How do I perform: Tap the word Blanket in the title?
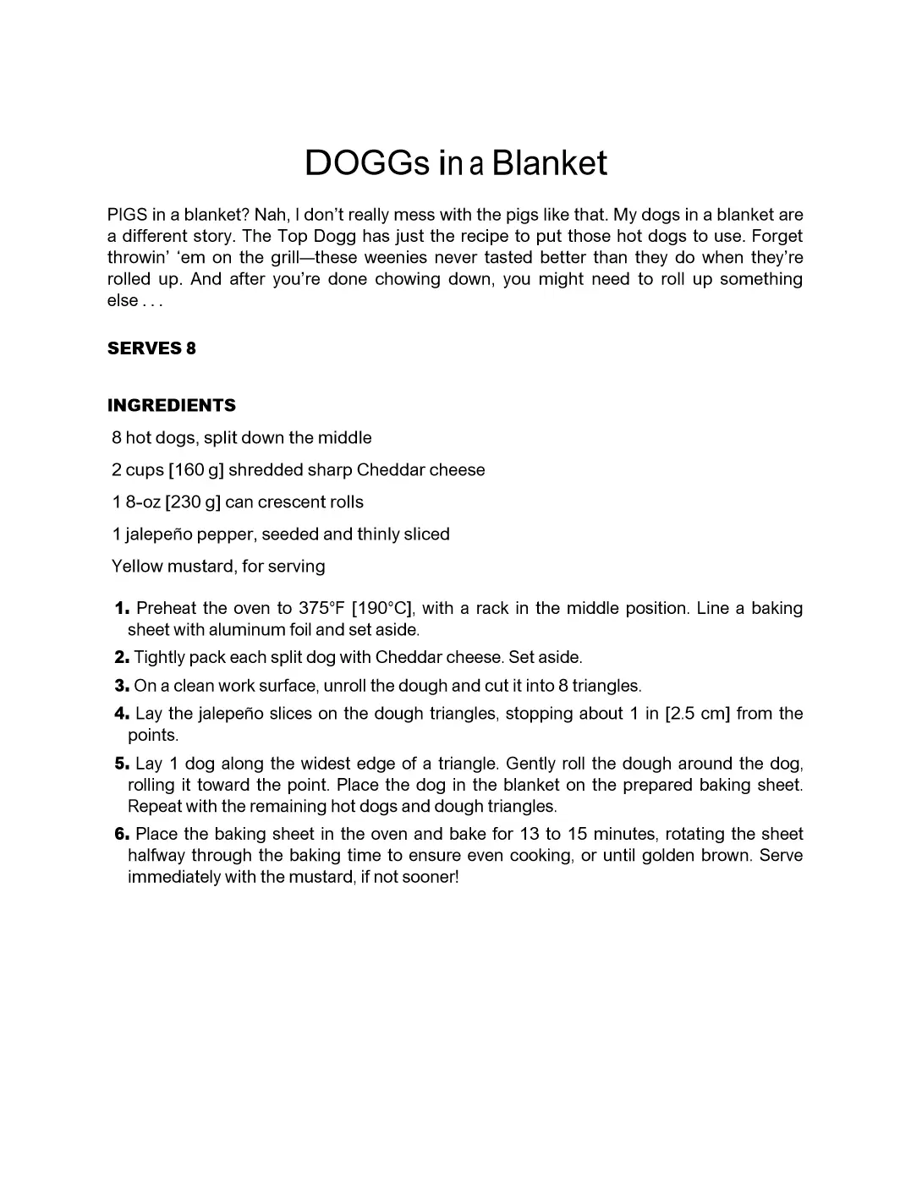[x=549, y=163]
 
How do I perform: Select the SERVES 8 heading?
[x=151, y=348]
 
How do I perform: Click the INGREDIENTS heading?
[x=172, y=405]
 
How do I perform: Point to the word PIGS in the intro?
[x=127, y=215]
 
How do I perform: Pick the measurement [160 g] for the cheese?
[x=196, y=470]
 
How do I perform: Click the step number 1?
[x=122, y=609]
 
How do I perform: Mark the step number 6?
[x=122, y=835]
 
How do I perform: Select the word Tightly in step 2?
[x=159, y=658]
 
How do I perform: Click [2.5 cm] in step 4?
[x=697, y=714]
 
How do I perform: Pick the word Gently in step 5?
[x=530, y=764]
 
